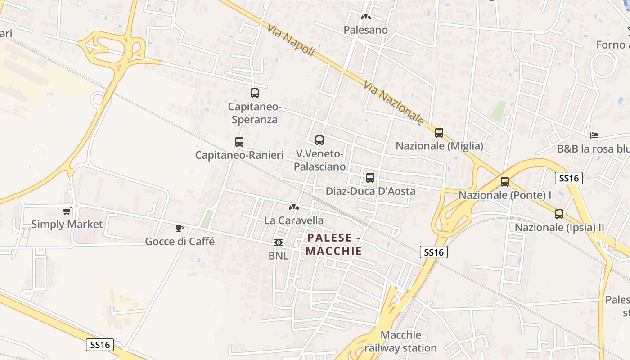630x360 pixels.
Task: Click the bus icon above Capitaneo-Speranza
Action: pos(255,93)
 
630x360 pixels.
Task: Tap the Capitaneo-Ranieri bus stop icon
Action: pos(239,142)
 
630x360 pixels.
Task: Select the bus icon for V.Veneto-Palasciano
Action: pos(319,140)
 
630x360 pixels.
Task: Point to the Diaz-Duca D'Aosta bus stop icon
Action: pos(370,178)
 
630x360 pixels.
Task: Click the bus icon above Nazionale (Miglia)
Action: pos(439,133)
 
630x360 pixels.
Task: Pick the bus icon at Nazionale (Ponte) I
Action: pos(505,182)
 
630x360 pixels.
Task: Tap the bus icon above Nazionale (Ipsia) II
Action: pos(559,214)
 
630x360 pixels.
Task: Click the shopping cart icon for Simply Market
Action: pos(67,211)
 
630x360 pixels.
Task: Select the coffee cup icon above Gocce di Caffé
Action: pos(180,228)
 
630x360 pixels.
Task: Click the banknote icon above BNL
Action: pos(279,243)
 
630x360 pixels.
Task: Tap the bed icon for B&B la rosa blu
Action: pos(594,135)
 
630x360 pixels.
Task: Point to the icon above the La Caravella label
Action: pos(294,207)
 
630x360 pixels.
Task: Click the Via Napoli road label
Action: pos(290,40)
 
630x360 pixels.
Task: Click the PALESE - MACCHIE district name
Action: pos(334,244)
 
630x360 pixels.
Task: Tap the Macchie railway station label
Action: pos(400,342)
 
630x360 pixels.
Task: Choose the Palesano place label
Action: pos(366,30)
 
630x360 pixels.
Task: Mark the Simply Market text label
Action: pos(67,224)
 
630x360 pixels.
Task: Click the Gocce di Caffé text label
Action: pos(180,242)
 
